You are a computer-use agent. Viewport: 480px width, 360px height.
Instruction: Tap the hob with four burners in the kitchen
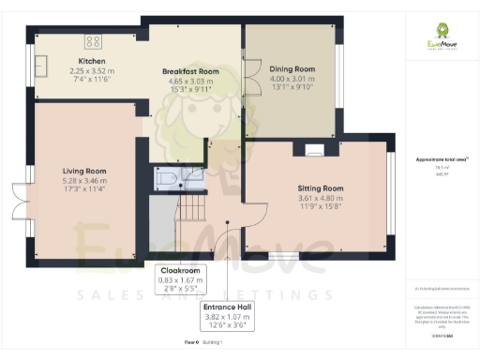(94, 40)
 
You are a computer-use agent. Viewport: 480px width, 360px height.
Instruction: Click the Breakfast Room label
(189, 71)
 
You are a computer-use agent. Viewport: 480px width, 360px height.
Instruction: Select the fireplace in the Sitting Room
(314, 149)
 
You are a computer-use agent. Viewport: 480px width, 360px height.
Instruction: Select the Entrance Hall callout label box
(232, 314)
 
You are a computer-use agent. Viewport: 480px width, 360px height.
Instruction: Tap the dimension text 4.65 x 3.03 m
(189, 81)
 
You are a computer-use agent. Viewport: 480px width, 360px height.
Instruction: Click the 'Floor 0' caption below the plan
(192, 344)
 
